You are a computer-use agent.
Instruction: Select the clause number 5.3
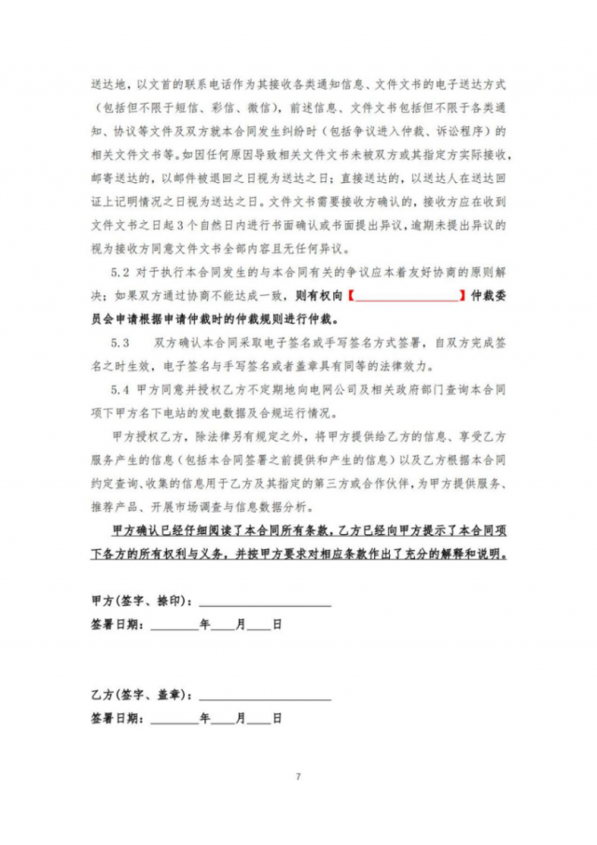[120, 343]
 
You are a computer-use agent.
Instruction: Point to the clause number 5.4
[120, 388]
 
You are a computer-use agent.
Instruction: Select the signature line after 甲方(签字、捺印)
[265, 604]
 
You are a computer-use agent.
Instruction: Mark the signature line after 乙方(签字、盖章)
[265, 698]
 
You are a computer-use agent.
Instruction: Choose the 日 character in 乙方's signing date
[277, 720]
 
